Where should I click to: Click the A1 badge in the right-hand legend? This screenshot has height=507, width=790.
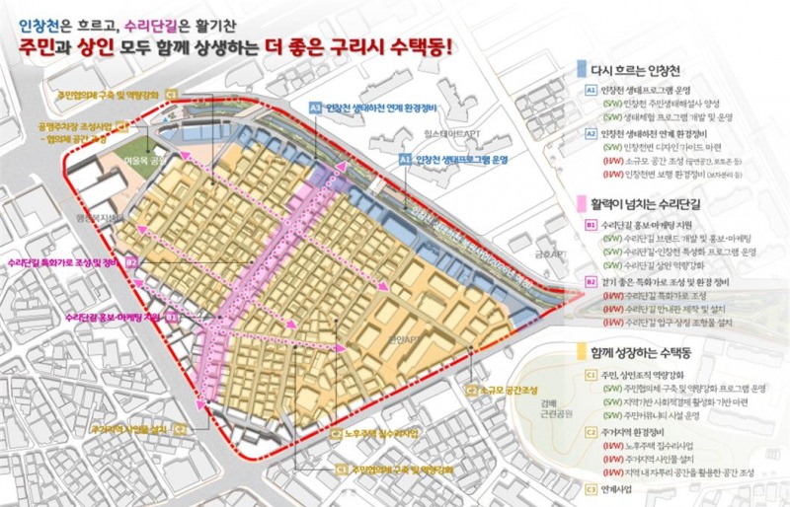pos(591,90)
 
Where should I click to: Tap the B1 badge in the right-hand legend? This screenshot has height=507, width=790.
pos(591,224)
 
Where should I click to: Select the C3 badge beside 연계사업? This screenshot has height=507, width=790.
pos(591,487)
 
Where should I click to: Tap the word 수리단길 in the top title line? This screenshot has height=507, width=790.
pos(148,18)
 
